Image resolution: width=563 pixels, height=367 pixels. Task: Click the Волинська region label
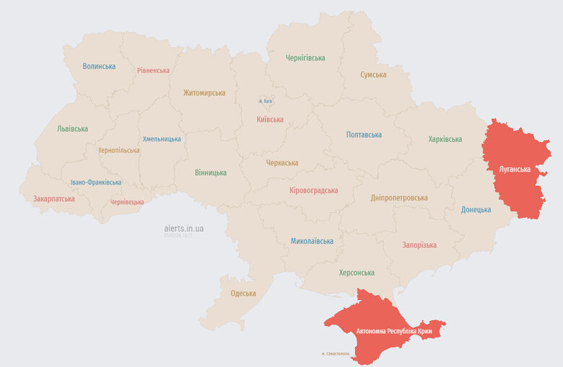click(99, 66)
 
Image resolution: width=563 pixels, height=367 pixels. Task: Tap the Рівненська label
click(154, 71)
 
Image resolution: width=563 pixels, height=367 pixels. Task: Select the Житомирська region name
click(204, 93)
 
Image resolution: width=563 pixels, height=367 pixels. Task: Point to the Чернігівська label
click(305, 58)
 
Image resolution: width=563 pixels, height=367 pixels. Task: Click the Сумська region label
click(373, 75)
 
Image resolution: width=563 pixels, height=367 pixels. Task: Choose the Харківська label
click(445, 139)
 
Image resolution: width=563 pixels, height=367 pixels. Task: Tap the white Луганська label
click(515, 169)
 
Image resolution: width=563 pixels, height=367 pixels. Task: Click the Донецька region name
click(476, 210)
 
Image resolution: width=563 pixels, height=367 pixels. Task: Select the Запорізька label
click(419, 245)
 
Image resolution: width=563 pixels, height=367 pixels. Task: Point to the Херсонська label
click(357, 273)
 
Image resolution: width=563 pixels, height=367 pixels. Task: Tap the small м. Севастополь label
click(336, 354)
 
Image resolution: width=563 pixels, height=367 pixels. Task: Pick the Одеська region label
click(243, 293)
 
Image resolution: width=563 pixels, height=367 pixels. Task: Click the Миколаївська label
click(312, 241)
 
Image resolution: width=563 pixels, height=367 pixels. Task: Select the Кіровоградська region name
click(313, 190)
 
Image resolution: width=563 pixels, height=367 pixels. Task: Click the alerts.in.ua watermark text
click(183, 228)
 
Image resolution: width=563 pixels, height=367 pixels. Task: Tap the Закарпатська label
click(54, 198)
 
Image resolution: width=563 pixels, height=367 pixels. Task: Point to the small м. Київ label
click(266, 102)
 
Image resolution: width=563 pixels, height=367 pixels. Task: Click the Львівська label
click(72, 129)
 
